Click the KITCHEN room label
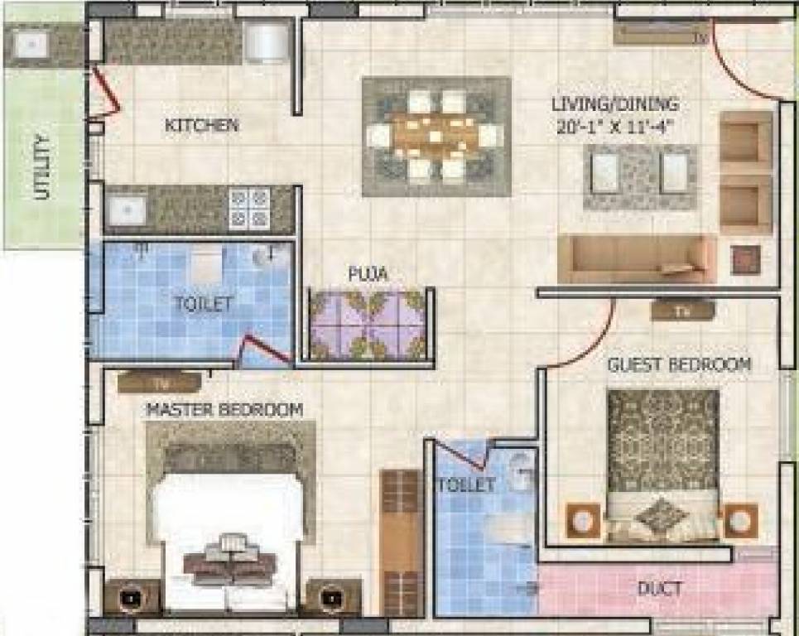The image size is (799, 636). click(202, 126)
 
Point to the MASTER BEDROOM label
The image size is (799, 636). click(224, 409)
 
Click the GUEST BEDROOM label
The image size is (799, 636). click(679, 364)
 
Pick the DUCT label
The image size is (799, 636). click(660, 589)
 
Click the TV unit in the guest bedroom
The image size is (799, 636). click(683, 311)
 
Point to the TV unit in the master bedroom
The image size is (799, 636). click(159, 382)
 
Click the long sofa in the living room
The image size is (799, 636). click(636, 259)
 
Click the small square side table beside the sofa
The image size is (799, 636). click(745, 259)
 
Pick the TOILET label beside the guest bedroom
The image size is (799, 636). click(465, 484)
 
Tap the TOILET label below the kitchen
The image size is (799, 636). click(203, 303)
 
